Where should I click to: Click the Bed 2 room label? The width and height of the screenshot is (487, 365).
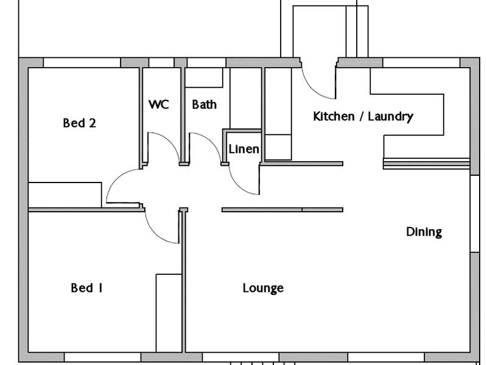80,123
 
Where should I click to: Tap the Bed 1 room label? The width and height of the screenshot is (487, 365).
86,288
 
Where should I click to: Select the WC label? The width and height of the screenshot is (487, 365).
158,105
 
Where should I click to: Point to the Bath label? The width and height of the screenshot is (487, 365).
204,105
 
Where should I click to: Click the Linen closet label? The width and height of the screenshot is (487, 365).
243,149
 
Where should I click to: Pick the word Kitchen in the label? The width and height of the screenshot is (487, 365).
333,116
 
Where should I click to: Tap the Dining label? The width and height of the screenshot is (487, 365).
424,232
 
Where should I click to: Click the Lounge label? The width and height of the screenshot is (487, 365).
263,288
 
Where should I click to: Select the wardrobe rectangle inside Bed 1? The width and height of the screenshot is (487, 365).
169,313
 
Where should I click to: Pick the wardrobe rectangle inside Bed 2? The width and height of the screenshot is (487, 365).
65,195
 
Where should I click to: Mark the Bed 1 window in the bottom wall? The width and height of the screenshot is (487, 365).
102,357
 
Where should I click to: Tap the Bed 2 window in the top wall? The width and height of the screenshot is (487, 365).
82,63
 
